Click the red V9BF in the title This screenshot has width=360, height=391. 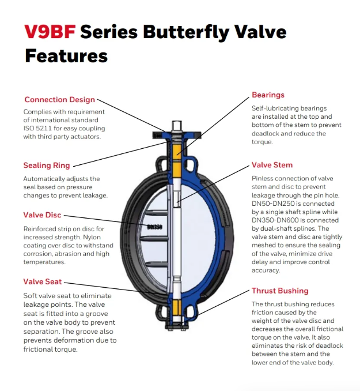tap(50, 32)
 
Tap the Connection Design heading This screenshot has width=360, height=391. tap(59, 100)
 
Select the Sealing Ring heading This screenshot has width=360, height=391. tap(46, 166)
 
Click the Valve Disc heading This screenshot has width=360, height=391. tap(42, 215)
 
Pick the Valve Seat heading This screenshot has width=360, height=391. tap(42, 281)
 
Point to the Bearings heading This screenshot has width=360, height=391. tap(268, 95)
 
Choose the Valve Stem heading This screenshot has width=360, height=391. tap(272, 165)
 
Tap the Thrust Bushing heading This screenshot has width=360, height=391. tap(280, 291)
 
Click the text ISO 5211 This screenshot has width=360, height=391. tap(36, 128)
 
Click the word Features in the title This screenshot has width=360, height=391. tap(66, 55)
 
